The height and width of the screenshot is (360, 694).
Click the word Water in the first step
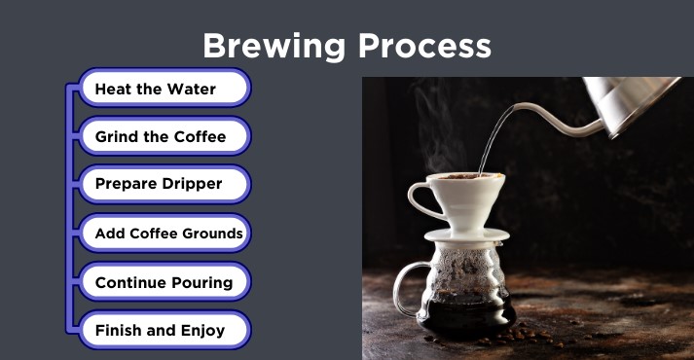pyautogui.click(x=191, y=89)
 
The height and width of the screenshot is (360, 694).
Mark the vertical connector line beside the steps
pyautogui.click(x=68, y=209)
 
